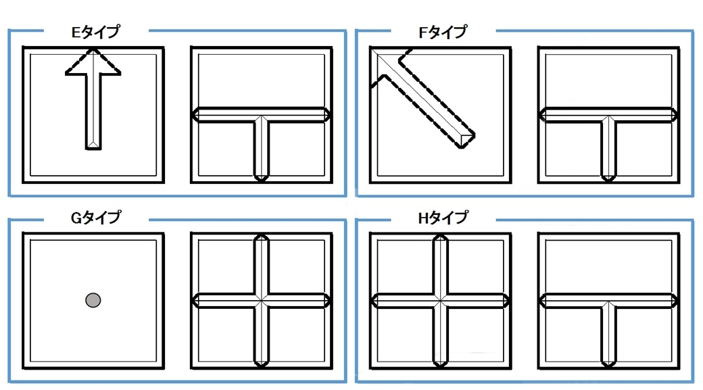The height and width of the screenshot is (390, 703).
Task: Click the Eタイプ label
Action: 95,32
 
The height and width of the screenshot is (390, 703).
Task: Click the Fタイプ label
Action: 443,32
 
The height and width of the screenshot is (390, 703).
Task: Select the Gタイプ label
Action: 95,218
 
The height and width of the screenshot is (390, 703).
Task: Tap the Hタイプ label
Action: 443,218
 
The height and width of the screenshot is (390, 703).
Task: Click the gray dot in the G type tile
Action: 93,300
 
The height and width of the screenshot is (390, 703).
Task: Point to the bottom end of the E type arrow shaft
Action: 93,149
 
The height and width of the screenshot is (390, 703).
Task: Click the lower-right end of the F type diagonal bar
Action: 468,142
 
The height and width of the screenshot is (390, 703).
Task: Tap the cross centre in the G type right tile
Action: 262,300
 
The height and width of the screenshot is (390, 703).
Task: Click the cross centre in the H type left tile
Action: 441,300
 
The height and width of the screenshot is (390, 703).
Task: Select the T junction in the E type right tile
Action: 262,116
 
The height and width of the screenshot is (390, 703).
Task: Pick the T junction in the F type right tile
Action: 608,116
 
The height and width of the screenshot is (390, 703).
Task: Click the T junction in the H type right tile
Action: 608,301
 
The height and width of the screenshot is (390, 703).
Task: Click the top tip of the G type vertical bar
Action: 262,235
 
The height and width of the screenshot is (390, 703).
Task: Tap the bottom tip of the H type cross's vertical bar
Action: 441,367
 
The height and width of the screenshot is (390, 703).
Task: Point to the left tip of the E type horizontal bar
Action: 193,115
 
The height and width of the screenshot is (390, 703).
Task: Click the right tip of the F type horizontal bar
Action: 677,115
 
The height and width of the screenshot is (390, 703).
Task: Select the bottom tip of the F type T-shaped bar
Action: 608,181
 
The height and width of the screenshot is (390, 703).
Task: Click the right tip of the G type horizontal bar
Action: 331,300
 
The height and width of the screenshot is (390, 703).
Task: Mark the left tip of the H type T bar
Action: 539,300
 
